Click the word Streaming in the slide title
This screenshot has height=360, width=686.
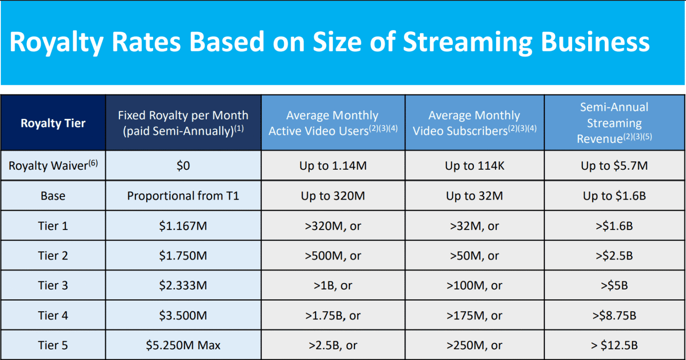tap(468, 42)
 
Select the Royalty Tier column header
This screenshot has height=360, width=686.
tap(53, 123)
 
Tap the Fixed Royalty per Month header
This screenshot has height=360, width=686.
tap(183, 123)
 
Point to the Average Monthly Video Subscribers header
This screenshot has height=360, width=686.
tap(474, 123)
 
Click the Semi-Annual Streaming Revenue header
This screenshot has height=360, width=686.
tap(615, 123)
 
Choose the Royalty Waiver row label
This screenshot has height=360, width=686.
tap(53, 165)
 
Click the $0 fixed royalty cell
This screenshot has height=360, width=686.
tap(183, 166)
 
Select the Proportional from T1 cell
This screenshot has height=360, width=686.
tap(183, 196)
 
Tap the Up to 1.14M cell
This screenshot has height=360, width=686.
tap(333, 166)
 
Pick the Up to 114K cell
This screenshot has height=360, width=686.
tap(474, 166)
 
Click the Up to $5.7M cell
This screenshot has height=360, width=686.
tap(615, 166)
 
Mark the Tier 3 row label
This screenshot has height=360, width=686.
tap(53, 285)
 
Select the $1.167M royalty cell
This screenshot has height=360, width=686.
tap(183, 226)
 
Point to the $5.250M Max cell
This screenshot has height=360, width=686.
tap(183, 345)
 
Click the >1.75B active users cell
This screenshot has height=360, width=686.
tap(333, 316)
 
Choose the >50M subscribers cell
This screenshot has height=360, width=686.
tap(474, 255)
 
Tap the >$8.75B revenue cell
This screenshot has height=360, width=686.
tap(615, 316)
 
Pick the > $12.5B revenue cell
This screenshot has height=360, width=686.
tap(615, 345)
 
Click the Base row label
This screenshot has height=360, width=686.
tap(53, 196)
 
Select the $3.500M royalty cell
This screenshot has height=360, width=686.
tap(183, 316)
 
